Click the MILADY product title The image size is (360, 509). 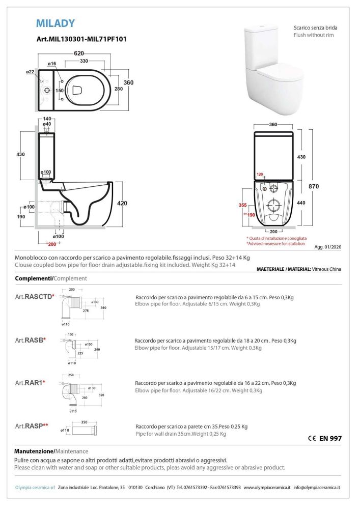tap(56, 23)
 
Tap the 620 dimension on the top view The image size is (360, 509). tap(78, 52)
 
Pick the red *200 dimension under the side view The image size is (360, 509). tap(51, 244)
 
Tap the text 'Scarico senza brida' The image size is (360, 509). tap(315, 27)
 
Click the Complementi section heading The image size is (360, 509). tap(34, 278)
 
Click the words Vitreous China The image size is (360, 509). tap(326, 269)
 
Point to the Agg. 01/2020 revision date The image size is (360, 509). tap(329, 245)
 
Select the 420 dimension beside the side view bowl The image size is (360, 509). tap(122, 203)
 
